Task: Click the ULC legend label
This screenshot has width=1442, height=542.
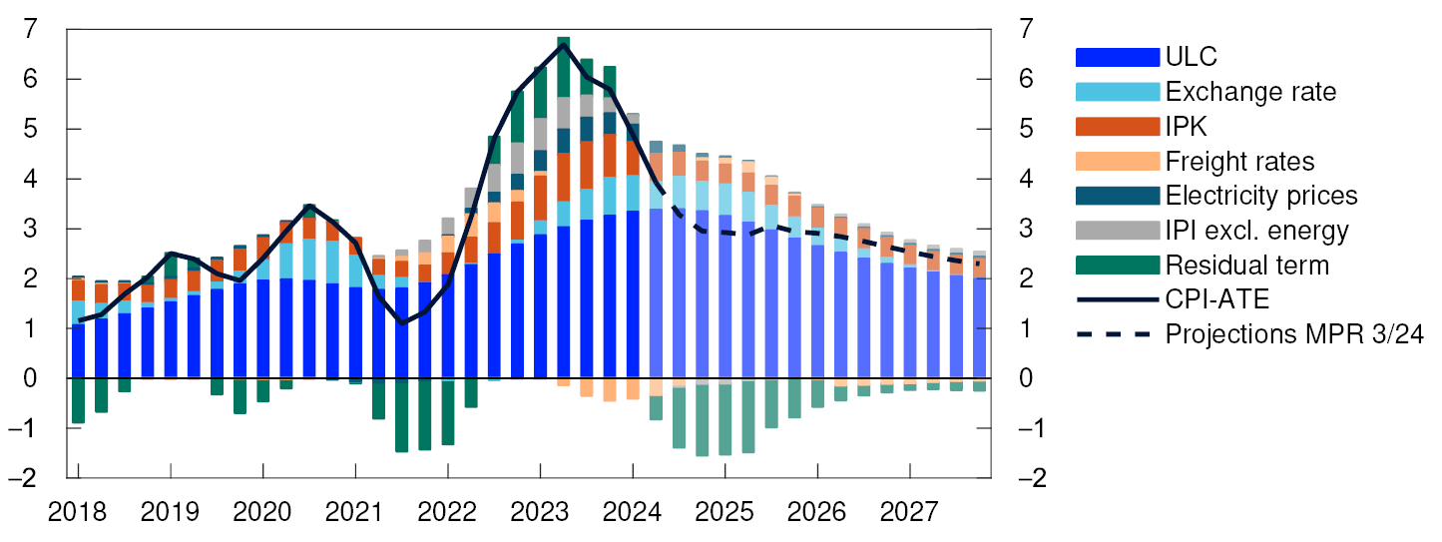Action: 1191,57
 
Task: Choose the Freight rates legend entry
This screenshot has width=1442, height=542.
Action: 1239,161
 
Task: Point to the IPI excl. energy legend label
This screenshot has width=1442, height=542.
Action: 1256,231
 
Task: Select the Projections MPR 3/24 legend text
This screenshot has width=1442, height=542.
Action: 1293,334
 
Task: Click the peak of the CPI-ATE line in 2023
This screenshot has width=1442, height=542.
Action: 564,45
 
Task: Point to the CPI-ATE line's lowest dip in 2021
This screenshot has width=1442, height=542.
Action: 402,322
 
